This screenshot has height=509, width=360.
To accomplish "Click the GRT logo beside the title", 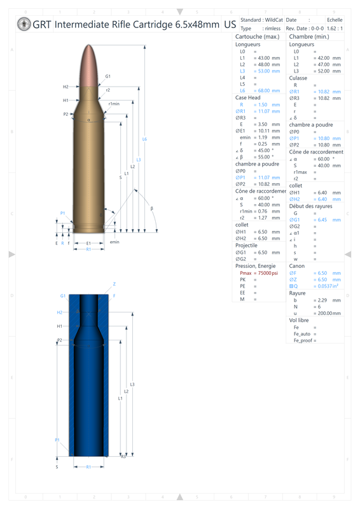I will [24, 25].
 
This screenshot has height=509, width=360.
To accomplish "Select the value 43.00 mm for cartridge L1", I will [267, 58].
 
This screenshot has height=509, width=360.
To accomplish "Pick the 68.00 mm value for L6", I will [267, 91].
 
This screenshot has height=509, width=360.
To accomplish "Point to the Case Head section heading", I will [248, 98].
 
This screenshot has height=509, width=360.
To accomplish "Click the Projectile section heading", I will [246, 245].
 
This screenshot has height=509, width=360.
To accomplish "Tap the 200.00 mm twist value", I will [327, 313].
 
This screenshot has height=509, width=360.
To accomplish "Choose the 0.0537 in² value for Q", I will [327, 286].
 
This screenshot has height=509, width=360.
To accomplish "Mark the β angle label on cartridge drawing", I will [151, 209].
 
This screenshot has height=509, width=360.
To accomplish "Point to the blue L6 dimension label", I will [144, 139].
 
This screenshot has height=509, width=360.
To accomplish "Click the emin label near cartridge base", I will [114, 242].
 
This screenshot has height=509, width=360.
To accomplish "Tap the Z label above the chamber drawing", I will [114, 284].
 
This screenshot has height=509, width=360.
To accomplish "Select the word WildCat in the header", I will [273, 20].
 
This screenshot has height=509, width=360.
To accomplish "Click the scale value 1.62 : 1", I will [335, 29].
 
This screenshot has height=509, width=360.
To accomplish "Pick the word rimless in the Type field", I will [272, 29].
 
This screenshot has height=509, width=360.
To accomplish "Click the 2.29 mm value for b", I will [327, 300].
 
